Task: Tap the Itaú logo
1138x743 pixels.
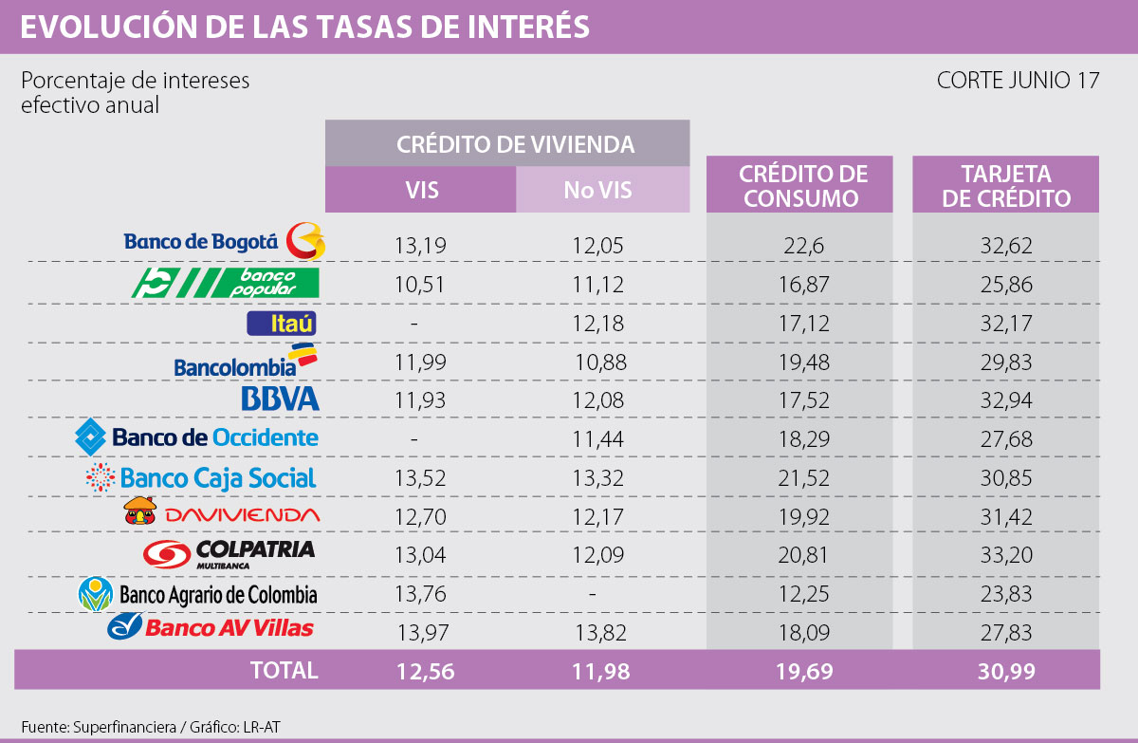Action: tap(280, 324)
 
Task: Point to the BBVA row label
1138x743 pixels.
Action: tap(280, 399)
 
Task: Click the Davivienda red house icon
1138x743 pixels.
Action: tap(138, 511)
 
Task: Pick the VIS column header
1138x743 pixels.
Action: tap(420, 189)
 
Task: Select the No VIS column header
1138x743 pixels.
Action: tap(597, 189)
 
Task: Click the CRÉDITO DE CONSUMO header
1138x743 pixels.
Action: tap(801, 186)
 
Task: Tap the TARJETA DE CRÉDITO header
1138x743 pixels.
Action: tap(1005, 186)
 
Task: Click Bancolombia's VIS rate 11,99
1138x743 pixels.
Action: tap(420, 362)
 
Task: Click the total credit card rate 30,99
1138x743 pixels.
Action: tap(1005, 671)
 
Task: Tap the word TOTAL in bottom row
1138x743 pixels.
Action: tap(284, 670)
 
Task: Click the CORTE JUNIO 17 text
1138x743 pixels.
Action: tap(1018, 81)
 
